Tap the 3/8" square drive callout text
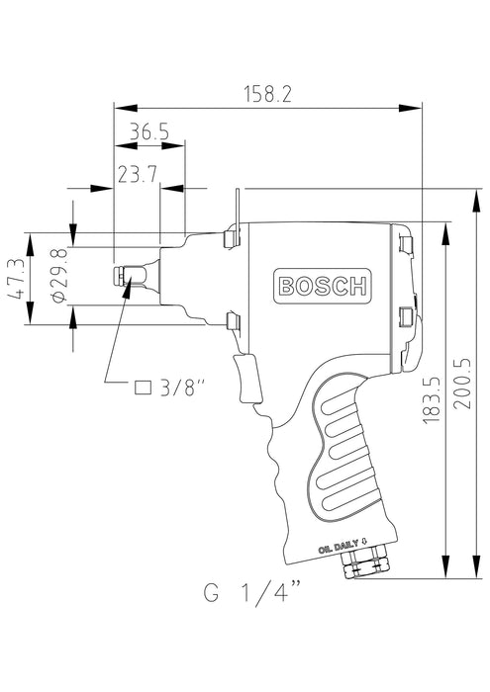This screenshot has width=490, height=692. click(x=180, y=387)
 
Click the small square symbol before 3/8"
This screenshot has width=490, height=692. click(x=142, y=387)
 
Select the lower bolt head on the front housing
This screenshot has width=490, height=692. click(x=234, y=319)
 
